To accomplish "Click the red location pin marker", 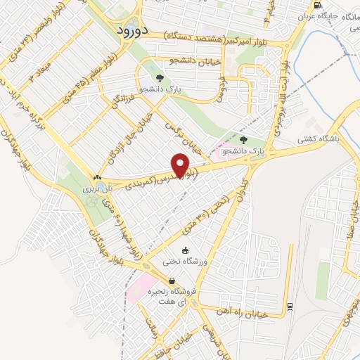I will point(182,165).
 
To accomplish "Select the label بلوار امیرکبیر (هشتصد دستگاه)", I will point(221,35).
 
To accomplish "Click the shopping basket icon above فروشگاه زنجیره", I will point(172,281).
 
